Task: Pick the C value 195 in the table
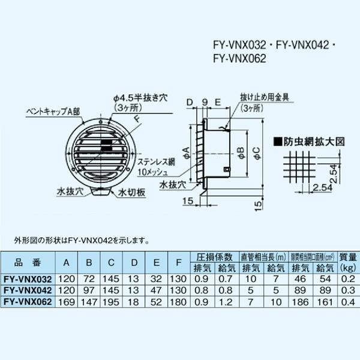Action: point(112,299)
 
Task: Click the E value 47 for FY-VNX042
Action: point(156,289)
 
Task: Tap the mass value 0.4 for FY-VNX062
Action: point(346,299)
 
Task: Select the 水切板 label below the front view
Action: point(130,194)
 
